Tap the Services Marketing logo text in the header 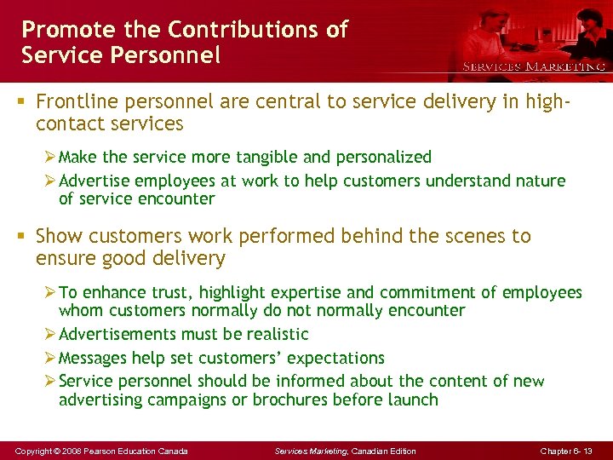pyautogui.click(x=534, y=66)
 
